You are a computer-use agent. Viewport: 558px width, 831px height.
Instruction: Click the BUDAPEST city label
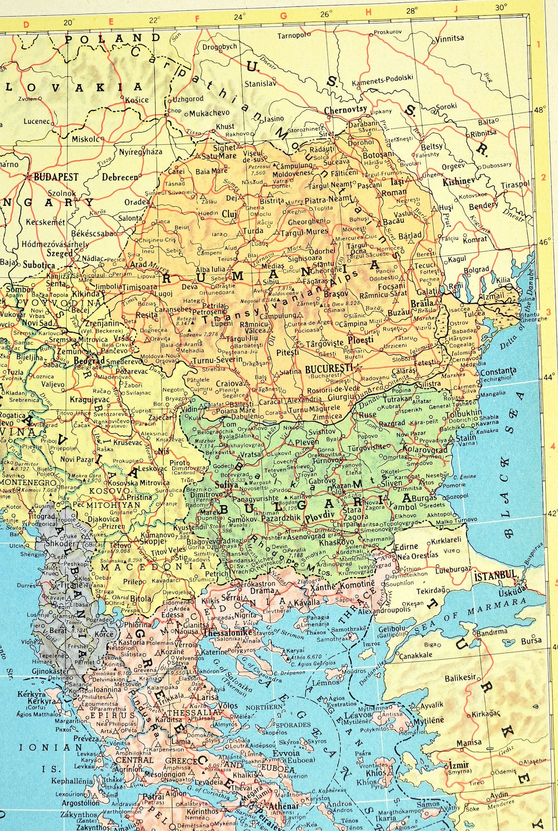click(56, 177)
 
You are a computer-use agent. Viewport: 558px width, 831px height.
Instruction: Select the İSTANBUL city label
click(495, 576)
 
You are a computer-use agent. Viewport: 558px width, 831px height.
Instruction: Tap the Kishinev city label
click(459, 181)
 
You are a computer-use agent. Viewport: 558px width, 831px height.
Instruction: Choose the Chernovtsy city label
click(346, 110)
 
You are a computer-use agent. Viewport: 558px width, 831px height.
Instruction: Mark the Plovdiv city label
click(319, 516)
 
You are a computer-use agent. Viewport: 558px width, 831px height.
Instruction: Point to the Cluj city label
click(229, 214)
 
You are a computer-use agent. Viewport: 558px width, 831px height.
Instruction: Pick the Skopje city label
click(151, 541)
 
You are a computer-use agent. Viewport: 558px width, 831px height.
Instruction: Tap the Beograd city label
click(89, 360)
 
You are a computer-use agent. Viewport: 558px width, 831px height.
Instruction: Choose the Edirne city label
click(406, 546)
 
